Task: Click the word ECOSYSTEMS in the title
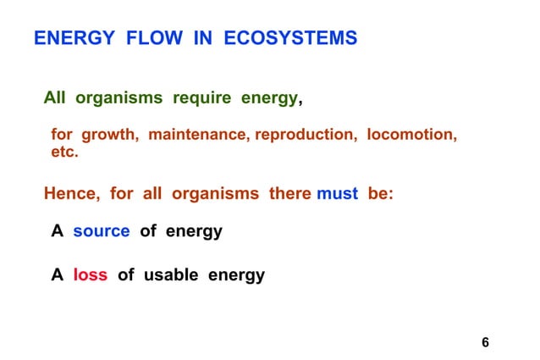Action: coord(290,39)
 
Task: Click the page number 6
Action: coord(485,342)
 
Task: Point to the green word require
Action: coord(201,98)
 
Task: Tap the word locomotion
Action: coord(412,136)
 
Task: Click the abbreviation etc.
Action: coord(64,153)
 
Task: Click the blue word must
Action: coord(337,193)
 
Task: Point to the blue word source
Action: coord(101,231)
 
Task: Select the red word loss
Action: coord(90,275)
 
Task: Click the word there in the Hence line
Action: coord(290,193)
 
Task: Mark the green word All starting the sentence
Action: coord(55,98)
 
